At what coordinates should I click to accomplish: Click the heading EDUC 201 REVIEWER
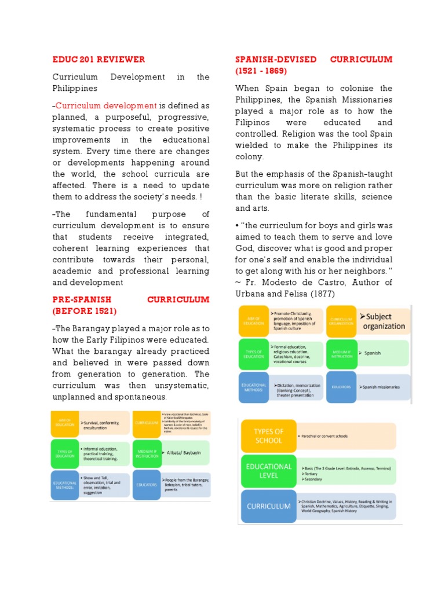(x=99, y=60)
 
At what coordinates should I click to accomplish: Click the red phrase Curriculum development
(x=106, y=105)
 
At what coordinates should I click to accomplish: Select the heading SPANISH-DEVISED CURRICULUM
(x=313, y=60)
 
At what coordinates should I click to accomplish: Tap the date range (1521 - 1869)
(x=261, y=71)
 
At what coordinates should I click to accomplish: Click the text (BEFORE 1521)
(x=86, y=310)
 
